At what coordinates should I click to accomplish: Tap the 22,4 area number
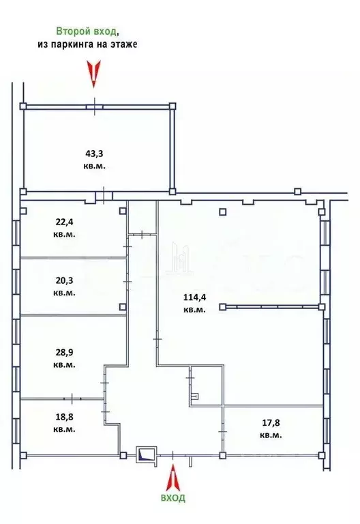[65, 221]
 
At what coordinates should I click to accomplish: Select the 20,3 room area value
[65, 280]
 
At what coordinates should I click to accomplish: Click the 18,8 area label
[65, 417]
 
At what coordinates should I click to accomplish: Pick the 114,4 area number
[194, 297]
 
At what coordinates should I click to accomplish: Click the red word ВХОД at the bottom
[173, 499]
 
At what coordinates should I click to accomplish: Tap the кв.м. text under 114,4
[194, 310]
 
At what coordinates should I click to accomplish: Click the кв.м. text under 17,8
[271, 435]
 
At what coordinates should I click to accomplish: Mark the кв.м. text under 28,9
[65, 364]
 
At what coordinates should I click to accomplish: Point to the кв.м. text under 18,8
[65, 429]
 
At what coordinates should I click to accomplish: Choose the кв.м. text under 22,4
[65, 234]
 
